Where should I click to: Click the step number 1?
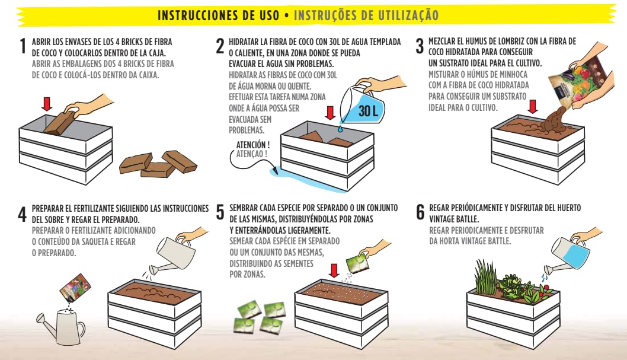pos(23,46)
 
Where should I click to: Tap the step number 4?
pos(23,214)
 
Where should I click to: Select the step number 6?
pos(420,212)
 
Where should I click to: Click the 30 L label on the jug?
pos(368,111)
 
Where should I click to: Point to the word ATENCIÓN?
pos(252,144)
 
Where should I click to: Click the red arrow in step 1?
pos(47,103)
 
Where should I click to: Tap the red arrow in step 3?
pos(533,106)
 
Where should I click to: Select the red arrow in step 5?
pos(334,270)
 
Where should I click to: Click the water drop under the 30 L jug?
pos(340,129)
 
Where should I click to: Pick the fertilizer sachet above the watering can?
pos(75,288)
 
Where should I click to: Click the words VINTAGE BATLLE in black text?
pos(454,219)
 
